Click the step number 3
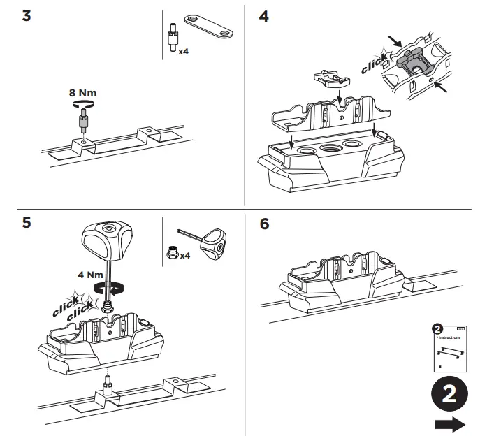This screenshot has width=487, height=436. (x=27, y=15)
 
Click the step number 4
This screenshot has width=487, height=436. (x=263, y=15)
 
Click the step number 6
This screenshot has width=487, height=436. (x=263, y=224)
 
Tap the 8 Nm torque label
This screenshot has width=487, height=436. (x=82, y=92)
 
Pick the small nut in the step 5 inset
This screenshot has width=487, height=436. (x=172, y=254)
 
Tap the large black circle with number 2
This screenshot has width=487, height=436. (x=451, y=394)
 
